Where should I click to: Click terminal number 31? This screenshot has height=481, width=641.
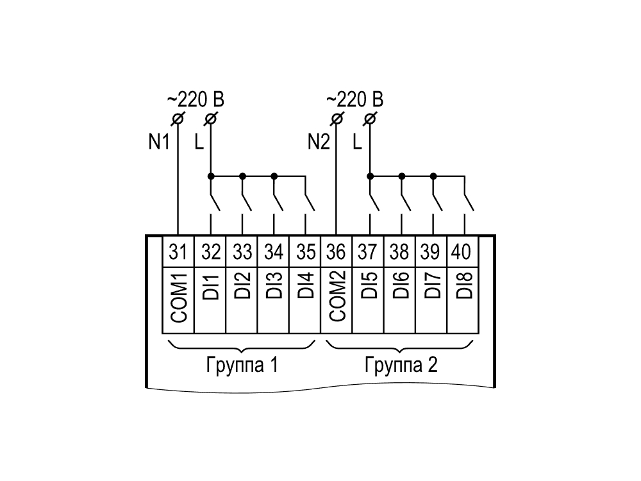tap(178, 251)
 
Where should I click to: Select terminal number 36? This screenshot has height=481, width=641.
tap(336, 251)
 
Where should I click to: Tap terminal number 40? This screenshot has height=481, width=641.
tap(461, 251)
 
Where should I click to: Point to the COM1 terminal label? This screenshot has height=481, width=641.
tap(179, 298)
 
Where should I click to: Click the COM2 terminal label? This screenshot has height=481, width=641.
tap(337, 296)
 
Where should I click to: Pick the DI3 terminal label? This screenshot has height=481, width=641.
tap(274, 285)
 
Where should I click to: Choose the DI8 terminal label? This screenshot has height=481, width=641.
tap(464, 285)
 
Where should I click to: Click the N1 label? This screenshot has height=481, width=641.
tap(158, 142)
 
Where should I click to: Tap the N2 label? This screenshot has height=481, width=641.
tap(319, 142)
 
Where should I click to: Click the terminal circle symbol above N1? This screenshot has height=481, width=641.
tap(178, 119)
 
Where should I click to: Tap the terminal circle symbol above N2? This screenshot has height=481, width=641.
tap(337, 119)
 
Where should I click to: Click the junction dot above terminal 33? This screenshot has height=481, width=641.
tap(242, 176)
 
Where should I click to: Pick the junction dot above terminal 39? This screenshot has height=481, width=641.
tap(433, 176)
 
